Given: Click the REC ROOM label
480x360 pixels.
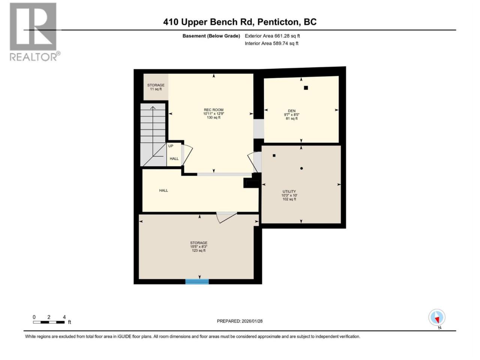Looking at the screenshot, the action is (213, 110).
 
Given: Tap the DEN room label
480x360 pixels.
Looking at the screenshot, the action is (291, 111).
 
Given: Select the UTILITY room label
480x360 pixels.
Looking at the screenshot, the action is (289, 191).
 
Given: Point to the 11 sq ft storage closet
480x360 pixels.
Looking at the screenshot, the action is (156, 87).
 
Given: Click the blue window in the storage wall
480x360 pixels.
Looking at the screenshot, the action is (197, 282).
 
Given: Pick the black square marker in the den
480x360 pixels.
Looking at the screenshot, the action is (306, 88).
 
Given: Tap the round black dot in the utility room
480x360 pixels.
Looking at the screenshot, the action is (301, 168).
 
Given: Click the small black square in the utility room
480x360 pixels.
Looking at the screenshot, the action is (274, 156).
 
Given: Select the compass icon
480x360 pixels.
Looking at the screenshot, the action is (437, 317).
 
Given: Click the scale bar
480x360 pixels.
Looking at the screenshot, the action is (49, 322).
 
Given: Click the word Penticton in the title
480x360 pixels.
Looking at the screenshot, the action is (278, 22).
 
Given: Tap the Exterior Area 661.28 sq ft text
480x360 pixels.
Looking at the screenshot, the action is (272, 36).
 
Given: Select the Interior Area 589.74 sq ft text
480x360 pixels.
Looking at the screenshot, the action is (271, 43).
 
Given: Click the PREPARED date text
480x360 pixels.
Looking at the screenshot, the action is (240, 321).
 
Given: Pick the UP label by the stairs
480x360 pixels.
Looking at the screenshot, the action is (171, 146).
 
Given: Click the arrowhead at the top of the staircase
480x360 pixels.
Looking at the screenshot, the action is (153, 108).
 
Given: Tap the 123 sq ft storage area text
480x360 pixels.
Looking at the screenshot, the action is (198, 250).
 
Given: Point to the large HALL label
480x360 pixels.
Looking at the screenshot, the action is (163, 190).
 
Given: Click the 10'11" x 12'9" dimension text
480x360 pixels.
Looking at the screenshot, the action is (213, 114).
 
